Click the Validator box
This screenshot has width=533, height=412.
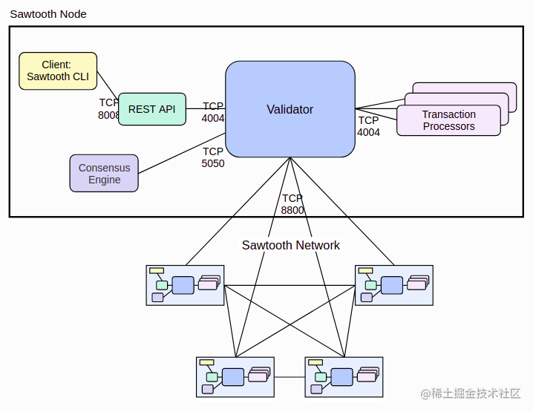click(290, 109)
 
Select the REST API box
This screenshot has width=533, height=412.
click(151, 109)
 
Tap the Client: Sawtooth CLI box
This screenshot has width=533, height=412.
click(58, 71)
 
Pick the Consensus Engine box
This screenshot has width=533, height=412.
click(104, 173)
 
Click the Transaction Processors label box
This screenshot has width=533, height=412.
click(448, 120)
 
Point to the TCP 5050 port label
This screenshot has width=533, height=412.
click(213, 157)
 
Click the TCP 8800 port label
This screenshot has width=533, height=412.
click(292, 204)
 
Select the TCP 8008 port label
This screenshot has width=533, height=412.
click(108, 109)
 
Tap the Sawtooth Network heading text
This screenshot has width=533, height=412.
click(290, 245)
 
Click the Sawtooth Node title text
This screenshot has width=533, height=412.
click(48, 14)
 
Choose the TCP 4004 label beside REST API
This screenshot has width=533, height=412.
click(213, 112)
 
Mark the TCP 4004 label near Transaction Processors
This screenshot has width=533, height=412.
click(368, 126)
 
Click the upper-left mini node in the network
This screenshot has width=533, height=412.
click(185, 285)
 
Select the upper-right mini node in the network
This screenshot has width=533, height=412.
click(393, 285)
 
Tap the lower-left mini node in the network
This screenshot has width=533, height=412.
click(235, 376)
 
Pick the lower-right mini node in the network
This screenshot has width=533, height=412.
click(344, 376)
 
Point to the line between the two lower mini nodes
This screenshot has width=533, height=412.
click(290, 377)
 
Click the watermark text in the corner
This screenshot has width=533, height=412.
click(471, 393)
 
